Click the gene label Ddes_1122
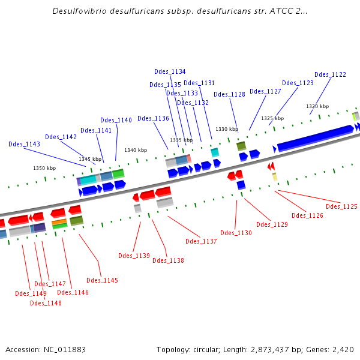330,74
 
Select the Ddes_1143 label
25,144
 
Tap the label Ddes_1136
153,118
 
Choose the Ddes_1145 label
102,280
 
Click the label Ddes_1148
46,303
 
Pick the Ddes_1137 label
201,241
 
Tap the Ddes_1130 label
236,233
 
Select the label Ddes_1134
170,71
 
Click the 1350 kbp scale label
44,169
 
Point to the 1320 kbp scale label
317,106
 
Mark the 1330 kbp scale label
227,129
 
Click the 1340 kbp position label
136,150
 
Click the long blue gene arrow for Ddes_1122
314,138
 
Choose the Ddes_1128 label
229,94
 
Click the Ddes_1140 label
116,120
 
